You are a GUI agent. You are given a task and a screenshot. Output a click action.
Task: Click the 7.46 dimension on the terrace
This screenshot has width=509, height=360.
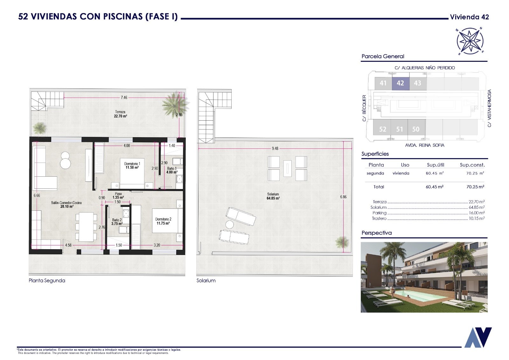click(x=124, y=98)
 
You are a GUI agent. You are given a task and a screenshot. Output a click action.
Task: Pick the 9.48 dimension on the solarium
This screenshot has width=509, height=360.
click(x=275, y=149)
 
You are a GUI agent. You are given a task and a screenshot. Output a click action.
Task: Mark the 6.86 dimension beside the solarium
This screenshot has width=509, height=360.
click(x=343, y=197)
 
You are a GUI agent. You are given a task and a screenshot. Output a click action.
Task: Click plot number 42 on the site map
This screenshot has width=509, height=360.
click(x=401, y=83)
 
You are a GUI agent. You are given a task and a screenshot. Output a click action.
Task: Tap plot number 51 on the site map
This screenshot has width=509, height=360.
click(x=400, y=130)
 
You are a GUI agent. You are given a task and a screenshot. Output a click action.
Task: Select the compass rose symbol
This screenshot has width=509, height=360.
click(x=470, y=41)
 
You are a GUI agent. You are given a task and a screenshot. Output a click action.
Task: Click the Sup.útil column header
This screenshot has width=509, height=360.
click(x=436, y=165)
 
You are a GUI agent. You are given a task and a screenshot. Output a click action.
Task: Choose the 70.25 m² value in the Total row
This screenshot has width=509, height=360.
click(x=475, y=187)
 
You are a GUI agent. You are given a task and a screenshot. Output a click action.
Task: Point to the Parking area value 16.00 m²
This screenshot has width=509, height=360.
click(x=477, y=213)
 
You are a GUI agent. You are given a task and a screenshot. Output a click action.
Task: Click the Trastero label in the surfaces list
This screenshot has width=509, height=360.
click(x=379, y=219)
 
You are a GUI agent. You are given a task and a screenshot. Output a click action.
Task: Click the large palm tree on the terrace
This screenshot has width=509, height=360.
click(x=175, y=104)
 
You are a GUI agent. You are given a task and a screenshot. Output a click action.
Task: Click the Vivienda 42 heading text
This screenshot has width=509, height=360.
click(x=470, y=17)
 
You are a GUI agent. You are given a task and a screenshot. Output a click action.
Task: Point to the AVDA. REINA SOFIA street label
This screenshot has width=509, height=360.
click(x=424, y=145)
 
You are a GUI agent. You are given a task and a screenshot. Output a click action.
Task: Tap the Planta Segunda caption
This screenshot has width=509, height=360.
click(x=47, y=281)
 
